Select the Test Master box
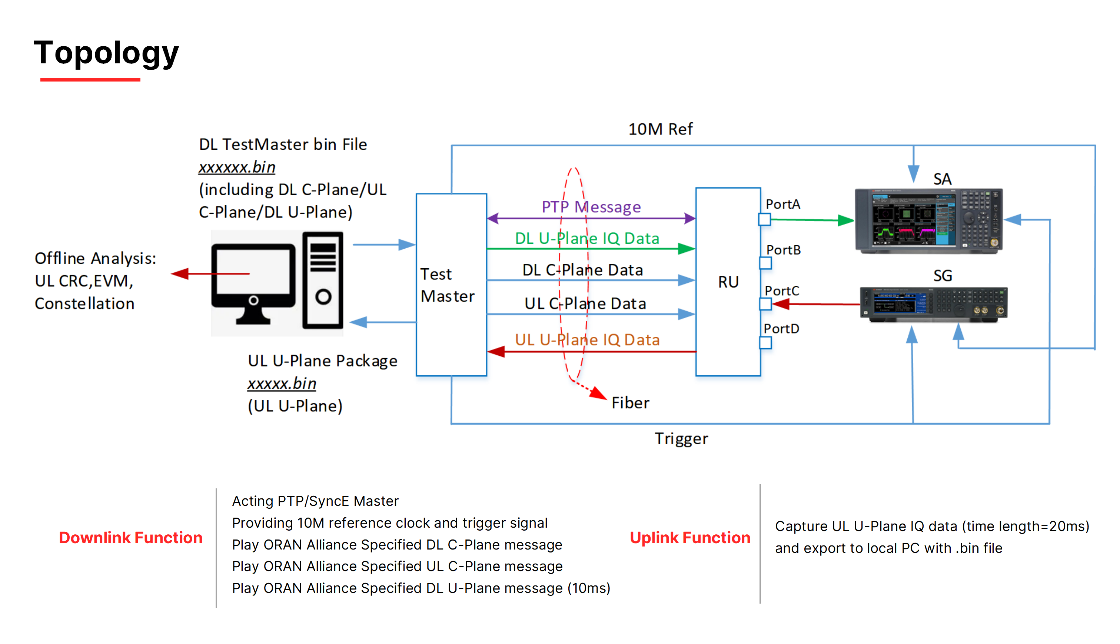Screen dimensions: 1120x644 (x=452, y=285)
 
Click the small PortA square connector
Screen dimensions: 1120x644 (x=764, y=219)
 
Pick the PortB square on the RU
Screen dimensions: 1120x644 (x=765, y=263)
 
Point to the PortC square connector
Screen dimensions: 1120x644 (x=765, y=304)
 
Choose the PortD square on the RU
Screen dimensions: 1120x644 (x=765, y=343)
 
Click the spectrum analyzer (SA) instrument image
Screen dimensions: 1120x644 (x=928, y=221)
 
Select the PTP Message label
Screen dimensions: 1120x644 (x=591, y=206)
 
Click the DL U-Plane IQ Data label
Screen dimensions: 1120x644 (x=587, y=238)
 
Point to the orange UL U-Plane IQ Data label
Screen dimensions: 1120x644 (x=587, y=340)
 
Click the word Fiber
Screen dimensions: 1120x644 (x=630, y=403)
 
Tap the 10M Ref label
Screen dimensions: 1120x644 (x=661, y=129)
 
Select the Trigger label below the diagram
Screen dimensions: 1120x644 (x=681, y=439)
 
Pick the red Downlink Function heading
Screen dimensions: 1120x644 (x=130, y=538)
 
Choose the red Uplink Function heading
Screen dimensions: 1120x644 (x=690, y=538)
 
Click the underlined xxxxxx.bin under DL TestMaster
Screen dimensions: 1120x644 (x=237, y=167)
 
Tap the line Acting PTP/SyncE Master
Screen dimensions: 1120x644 (x=315, y=501)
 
